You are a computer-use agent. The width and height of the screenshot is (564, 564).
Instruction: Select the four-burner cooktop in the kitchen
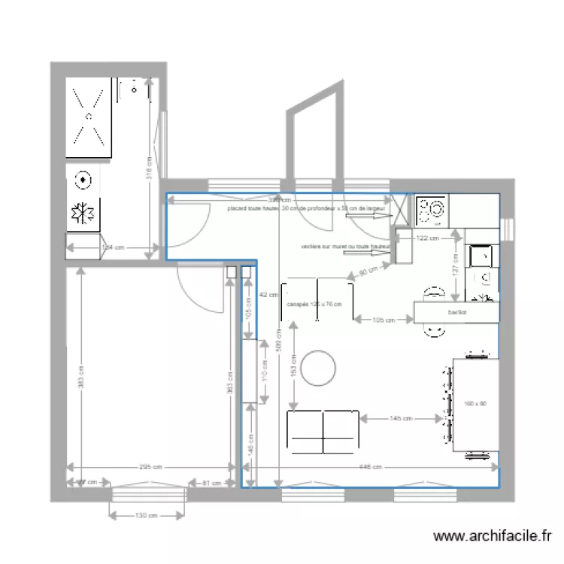pyautogui.click(x=432, y=211)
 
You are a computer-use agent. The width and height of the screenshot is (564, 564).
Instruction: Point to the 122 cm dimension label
pyautogui.click(x=427, y=238)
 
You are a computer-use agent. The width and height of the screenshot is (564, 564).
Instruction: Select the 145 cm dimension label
pyautogui.click(x=399, y=418)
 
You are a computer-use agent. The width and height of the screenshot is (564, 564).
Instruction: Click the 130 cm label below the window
pyautogui.click(x=147, y=516)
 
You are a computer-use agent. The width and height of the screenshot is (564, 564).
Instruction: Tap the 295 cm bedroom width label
pyautogui.click(x=150, y=467)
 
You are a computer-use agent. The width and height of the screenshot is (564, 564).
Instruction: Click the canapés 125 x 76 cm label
pyautogui.click(x=314, y=305)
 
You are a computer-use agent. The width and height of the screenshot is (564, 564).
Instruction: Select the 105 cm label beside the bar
pyautogui.click(x=384, y=320)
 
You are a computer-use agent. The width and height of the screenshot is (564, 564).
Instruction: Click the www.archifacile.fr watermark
pyautogui.click(x=493, y=536)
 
